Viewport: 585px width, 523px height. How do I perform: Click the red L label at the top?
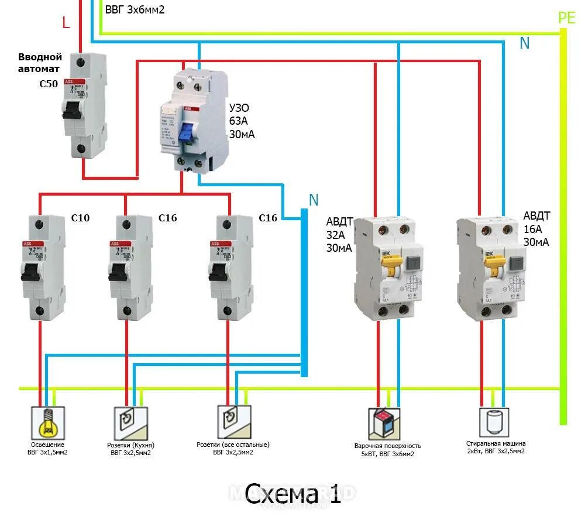point(66,23)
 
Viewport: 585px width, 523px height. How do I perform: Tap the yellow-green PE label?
point(566,18)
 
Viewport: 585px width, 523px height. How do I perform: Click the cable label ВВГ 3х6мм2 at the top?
point(135,10)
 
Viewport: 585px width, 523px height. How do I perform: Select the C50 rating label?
point(49,84)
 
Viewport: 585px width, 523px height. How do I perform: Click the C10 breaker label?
point(80,218)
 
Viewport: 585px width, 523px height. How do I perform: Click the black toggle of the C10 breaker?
point(31,271)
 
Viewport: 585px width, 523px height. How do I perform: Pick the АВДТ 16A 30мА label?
point(536,228)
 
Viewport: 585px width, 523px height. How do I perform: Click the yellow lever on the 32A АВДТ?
point(389,269)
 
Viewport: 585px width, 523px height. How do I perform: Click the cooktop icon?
point(384,423)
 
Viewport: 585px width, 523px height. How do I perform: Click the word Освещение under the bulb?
point(47,446)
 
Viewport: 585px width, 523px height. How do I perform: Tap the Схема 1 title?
point(292,494)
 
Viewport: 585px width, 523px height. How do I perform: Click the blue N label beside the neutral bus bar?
point(314,200)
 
